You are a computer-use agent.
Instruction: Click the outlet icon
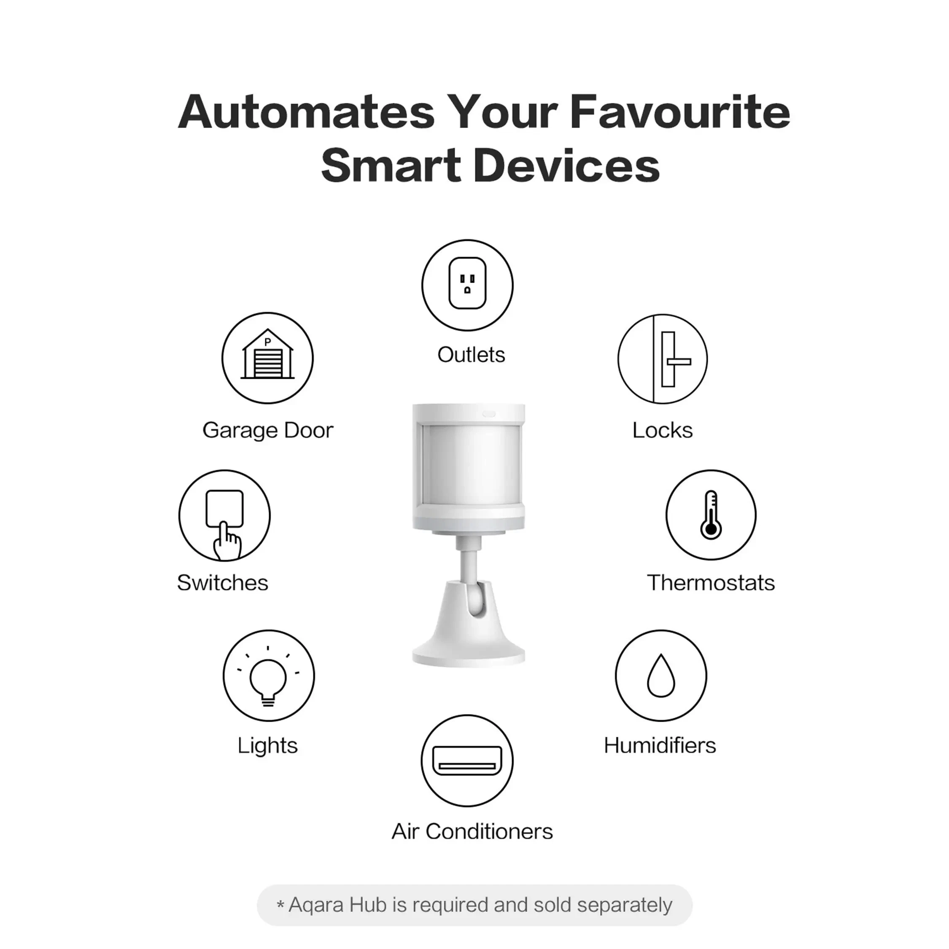467,285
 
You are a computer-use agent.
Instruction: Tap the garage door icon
267,358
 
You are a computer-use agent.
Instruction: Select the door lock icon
663,359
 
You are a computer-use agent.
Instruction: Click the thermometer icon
711,515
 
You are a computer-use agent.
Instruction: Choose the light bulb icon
268,675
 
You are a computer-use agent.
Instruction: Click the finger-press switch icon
224,516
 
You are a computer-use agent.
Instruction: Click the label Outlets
471,355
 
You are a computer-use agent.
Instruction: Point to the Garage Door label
268,430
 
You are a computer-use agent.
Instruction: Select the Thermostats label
710,582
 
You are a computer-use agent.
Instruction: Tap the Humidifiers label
660,745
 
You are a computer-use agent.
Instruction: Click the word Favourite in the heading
680,112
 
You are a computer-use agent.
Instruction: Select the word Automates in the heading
306,112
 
